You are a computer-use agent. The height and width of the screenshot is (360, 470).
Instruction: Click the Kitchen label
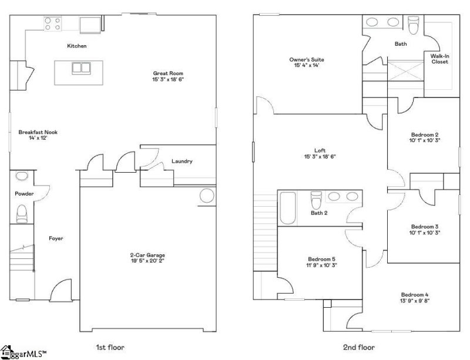click(x=77, y=46)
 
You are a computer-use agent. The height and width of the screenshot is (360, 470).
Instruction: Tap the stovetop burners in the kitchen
click(x=52, y=23)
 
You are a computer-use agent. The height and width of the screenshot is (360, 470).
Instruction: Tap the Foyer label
click(x=56, y=238)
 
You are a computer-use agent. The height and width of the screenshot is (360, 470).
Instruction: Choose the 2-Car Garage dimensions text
click(x=147, y=261)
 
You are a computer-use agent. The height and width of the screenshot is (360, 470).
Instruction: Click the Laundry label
click(x=182, y=162)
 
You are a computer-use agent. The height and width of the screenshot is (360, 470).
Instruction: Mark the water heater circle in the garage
click(x=207, y=196)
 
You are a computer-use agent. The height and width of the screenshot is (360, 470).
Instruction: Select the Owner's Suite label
click(x=306, y=59)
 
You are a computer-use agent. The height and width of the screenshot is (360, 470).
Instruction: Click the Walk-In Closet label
click(x=439, y=59)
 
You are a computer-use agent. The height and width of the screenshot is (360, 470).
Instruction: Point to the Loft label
click(x=320, y=150)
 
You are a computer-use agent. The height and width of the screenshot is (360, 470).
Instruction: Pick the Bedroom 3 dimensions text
click(x=425, y=233)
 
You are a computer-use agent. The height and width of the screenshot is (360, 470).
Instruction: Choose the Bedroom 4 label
click(x=415, y=294)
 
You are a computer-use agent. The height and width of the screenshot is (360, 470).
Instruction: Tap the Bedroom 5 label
click(x=321, y=258)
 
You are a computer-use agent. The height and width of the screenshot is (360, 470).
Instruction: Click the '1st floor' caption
click(x=110, y=347)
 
